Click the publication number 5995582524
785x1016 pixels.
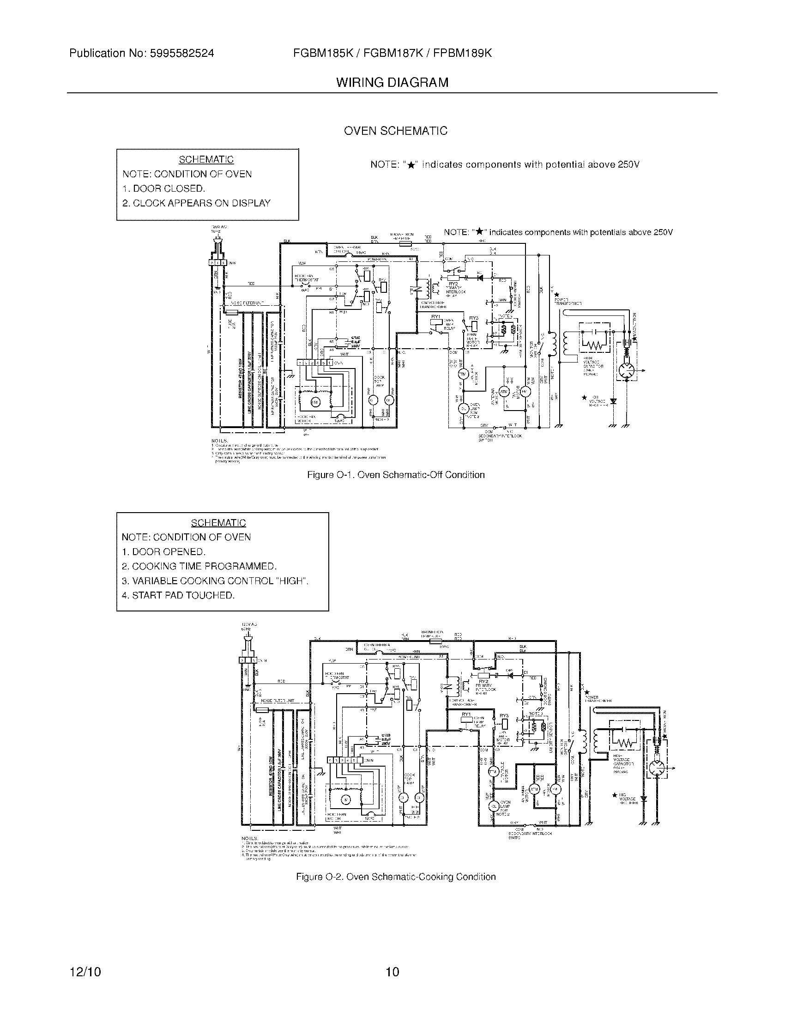click(x=182, y=54)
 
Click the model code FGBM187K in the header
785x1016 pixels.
click(x=393, y=54)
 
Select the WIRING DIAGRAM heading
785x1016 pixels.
click(x=392, y=83)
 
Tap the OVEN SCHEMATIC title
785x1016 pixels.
click(x=395, y=131)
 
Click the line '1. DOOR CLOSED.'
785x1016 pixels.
click(x=164, y=189)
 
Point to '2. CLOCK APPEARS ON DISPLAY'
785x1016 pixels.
click(x=196, y=203)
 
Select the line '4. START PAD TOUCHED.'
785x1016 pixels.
click(x=178, y=595)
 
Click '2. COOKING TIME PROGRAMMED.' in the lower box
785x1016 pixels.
click(x=199, y=567)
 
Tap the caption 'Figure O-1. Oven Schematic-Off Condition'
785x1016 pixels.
click(x=396, y=475)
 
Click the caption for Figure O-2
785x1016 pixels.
click(x=396, y=877)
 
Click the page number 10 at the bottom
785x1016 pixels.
click(x=392, y=972)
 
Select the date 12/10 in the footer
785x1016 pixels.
click(x=85, y=972)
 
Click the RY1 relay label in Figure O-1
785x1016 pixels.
click(x=436, y=317)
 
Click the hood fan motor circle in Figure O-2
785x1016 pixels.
click(x=345, y=799)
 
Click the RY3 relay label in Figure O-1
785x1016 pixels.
click(x=474, y=318)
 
